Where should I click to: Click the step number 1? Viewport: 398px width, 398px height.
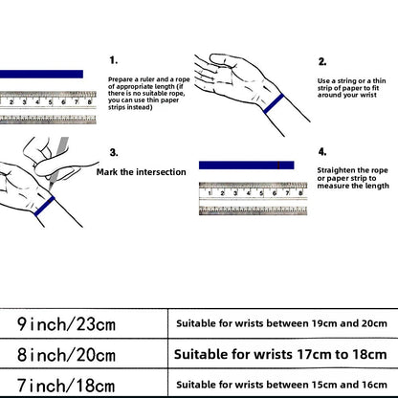114,60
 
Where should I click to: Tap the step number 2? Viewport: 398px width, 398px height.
322,61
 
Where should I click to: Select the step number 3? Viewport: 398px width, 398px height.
114,152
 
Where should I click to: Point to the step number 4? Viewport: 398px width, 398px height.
322,152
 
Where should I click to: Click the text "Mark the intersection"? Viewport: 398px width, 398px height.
142,172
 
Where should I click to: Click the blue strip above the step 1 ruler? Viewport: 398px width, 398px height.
41,74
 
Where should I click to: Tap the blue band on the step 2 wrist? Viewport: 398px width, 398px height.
274,103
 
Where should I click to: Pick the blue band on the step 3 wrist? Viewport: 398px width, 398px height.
44,206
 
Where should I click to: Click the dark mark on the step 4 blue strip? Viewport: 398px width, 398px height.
278,166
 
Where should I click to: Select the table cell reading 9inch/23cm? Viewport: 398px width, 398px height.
66,324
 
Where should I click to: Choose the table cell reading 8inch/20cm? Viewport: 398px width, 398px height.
66,354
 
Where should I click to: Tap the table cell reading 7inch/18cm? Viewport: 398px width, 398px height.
66,385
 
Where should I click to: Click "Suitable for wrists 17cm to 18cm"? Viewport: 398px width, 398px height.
280,354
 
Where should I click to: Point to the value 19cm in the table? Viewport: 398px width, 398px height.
324,323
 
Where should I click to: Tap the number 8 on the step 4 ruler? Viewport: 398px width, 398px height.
300,193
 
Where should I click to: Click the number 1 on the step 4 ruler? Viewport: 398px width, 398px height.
210,193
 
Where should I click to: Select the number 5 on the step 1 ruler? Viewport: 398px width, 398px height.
50,102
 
